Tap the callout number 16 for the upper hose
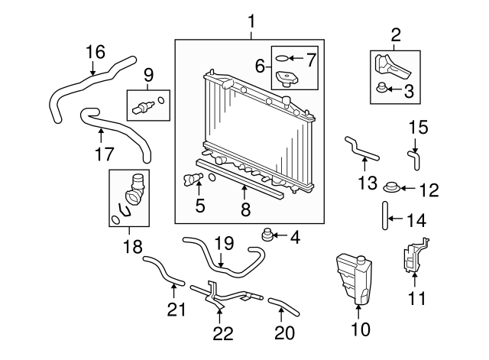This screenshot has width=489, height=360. (x=94, y=52)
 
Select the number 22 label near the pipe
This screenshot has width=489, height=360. (x=222, y=332)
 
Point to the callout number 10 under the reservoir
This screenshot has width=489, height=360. (x=359, y=329)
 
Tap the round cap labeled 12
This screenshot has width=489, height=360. (x=390, y=187)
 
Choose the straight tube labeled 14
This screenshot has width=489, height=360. (x=384, y=216)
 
